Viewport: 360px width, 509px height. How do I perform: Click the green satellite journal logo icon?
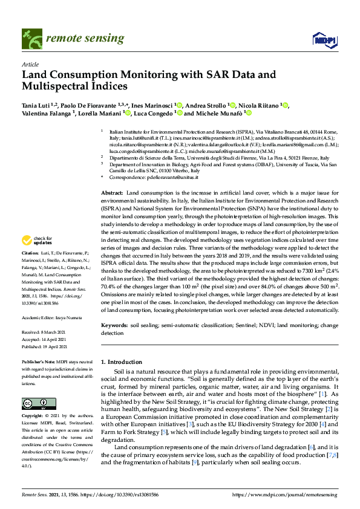30,39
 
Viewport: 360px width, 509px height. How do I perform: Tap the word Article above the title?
30,63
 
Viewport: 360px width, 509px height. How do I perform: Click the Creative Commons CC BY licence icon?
34,403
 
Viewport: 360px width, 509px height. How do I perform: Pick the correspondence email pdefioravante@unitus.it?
177,178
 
